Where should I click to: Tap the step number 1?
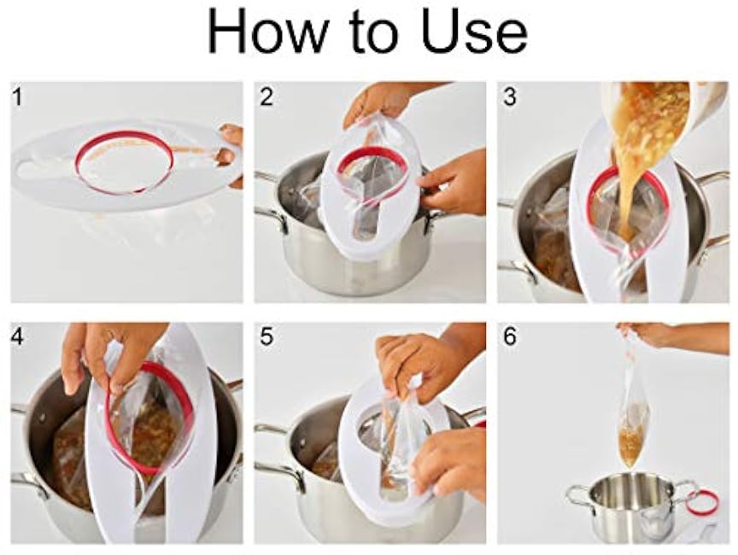[x=18, y=96]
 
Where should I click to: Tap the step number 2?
[x=266, y=96]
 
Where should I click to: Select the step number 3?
[x=510, y=96]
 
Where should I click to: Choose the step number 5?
[x=266, y=337]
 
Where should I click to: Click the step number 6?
[x=510, y=337]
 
